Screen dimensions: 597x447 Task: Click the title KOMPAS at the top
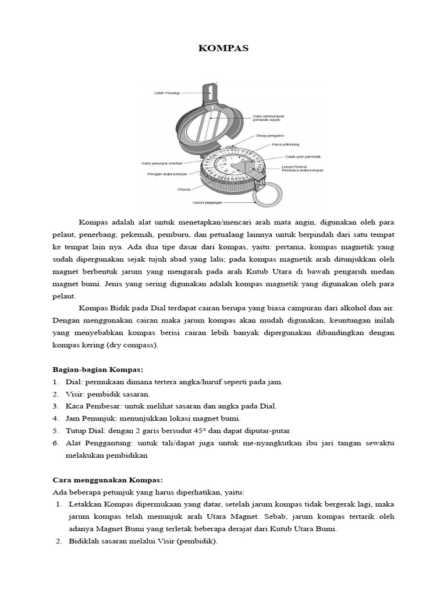click(223, 48)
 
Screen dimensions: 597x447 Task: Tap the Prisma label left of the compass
click(184, 189)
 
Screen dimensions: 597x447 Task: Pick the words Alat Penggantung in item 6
click(95, 443)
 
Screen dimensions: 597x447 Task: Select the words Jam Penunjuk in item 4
click(90, 419)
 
